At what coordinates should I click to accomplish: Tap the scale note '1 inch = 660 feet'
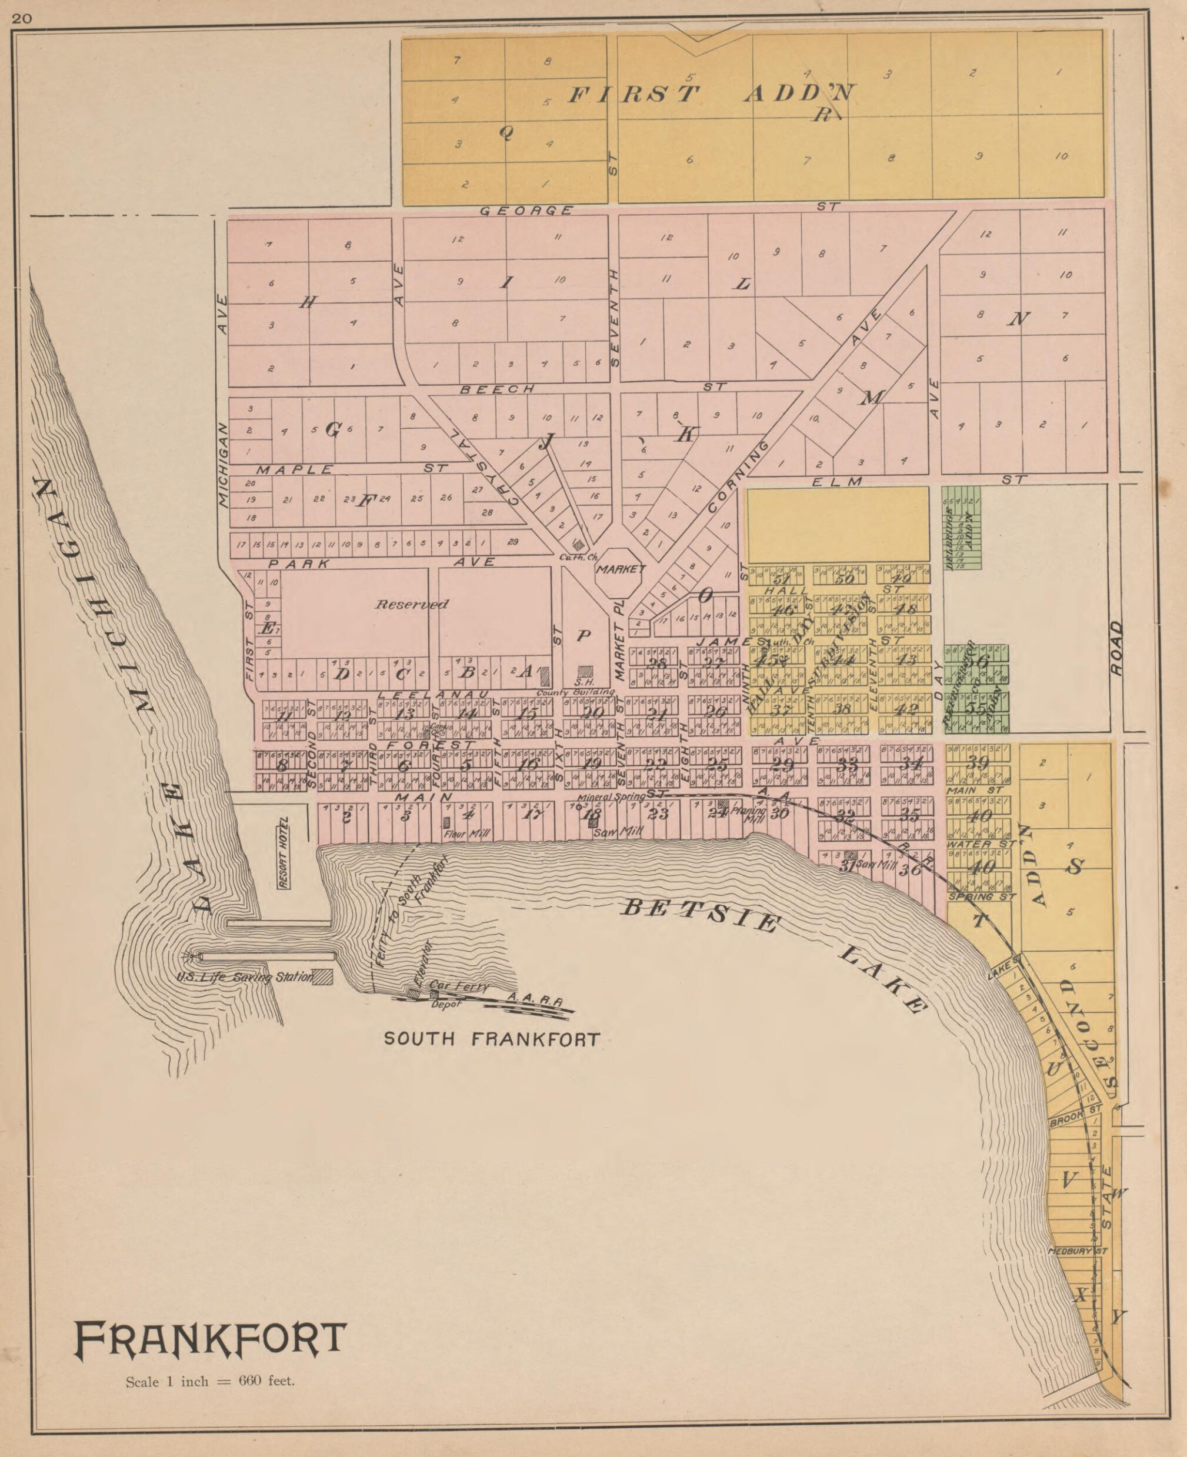pos(210,1381)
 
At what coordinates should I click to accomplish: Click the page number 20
pos(21,19)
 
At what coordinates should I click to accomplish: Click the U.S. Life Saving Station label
pos(244,977)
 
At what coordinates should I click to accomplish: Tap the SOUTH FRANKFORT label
pos(492,1039)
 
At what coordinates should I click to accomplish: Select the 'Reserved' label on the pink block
pos(412,605)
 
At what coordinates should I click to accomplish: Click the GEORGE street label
pos(526,211)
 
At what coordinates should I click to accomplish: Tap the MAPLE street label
pos(295,470)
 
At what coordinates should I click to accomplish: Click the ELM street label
pos(836,481)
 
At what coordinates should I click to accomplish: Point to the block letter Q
pos(506,134)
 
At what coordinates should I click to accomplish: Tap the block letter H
pos(308,302)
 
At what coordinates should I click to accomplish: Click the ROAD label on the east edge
pos(1116,639)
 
